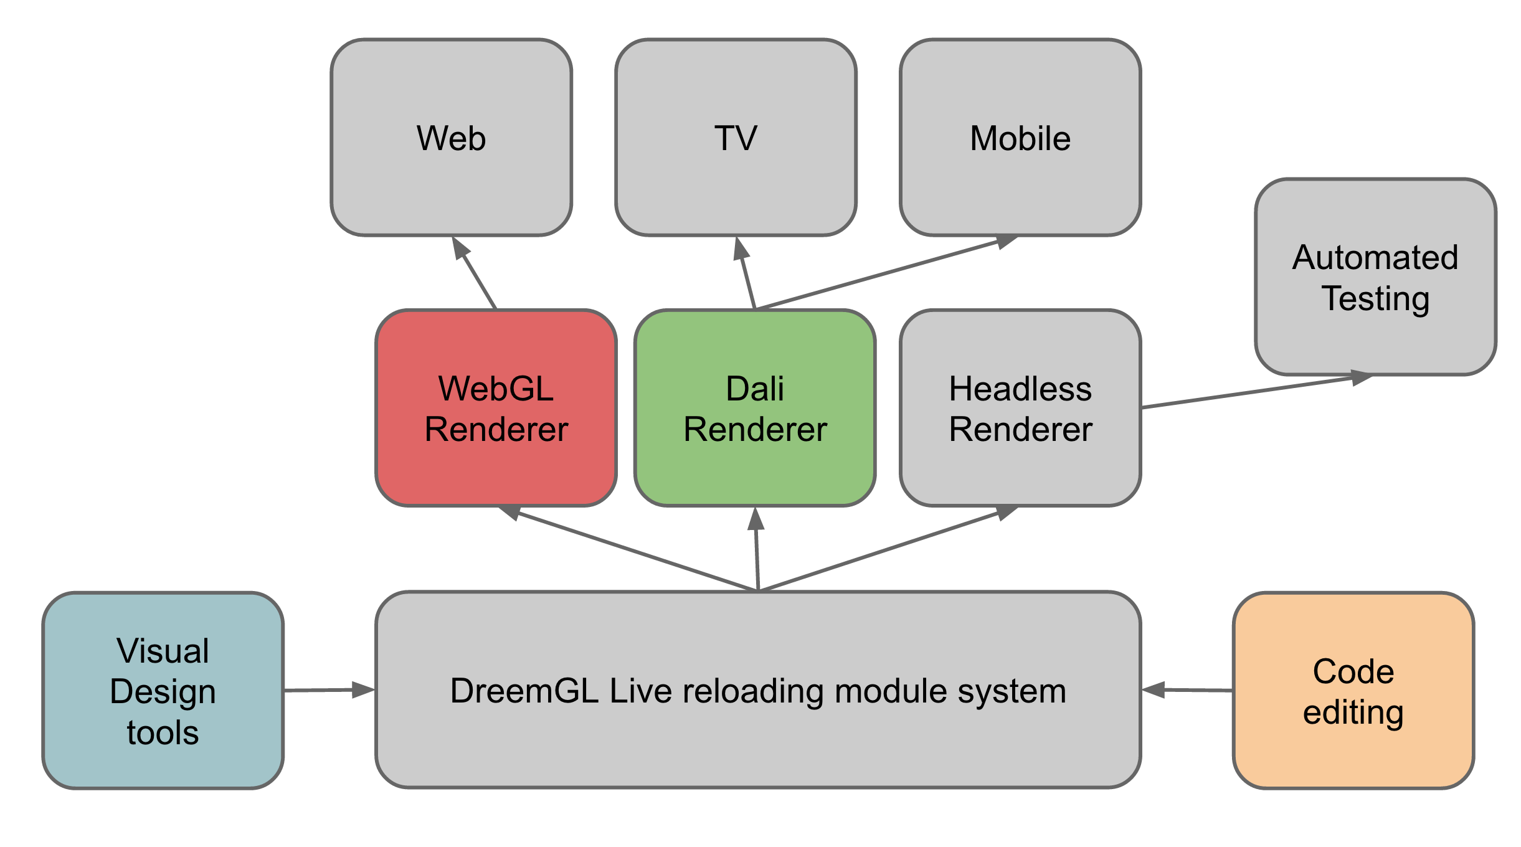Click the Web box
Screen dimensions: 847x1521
click(451, 138)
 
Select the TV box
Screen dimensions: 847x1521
click(736, 138)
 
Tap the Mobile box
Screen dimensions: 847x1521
click(1020, 138)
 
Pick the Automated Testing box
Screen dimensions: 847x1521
click(1375, 277)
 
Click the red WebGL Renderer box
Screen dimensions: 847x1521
click(496, 409)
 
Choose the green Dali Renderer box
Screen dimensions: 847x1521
click(755, 409)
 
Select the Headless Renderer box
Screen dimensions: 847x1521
click(1020, 409)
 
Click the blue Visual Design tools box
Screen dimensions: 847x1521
click(163, 691)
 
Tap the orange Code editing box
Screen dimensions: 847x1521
click(1353, 691)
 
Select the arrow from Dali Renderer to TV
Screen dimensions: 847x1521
click(746, 274)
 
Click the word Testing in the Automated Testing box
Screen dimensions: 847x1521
click(1375, 298)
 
